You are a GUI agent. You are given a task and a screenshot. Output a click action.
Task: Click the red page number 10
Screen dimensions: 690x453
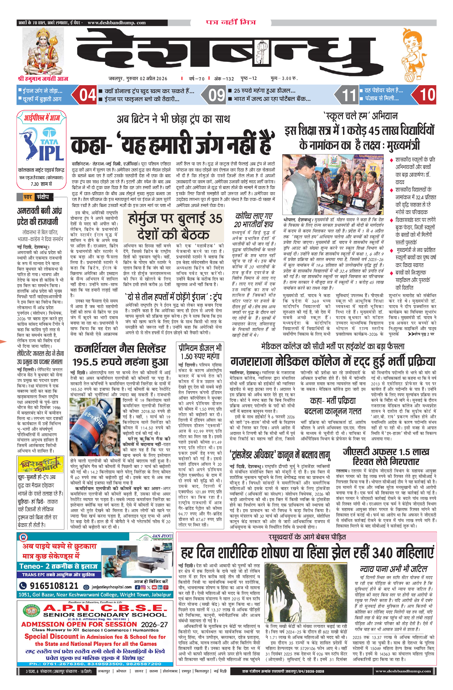[427, 95]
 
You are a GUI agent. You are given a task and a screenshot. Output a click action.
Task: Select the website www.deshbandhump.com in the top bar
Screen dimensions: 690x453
[117, 23]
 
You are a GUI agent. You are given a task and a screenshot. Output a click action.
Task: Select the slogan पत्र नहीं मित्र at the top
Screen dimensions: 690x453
[231, 22]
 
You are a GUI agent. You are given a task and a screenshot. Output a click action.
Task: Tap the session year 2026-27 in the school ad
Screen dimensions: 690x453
[154, 624]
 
